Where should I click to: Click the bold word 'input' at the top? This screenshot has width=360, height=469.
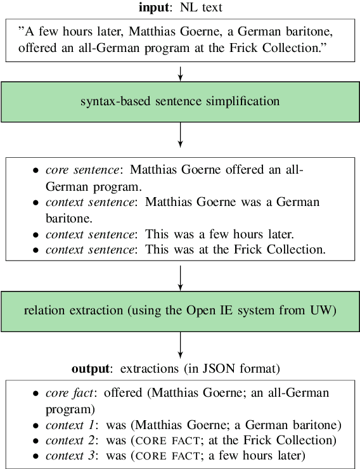(x=153, y=8)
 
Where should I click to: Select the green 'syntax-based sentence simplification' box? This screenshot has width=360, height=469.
(x=181, y=101)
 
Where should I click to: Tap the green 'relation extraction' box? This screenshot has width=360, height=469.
(x=181, y=311)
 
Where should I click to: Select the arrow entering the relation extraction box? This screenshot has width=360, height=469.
(x=181, y=276)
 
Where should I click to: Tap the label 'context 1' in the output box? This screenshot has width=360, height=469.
(x=70, y=424)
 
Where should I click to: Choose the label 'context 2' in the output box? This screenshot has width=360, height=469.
(x=70, y=440)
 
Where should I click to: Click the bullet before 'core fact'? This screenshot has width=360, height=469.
(x=35, y=394)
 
